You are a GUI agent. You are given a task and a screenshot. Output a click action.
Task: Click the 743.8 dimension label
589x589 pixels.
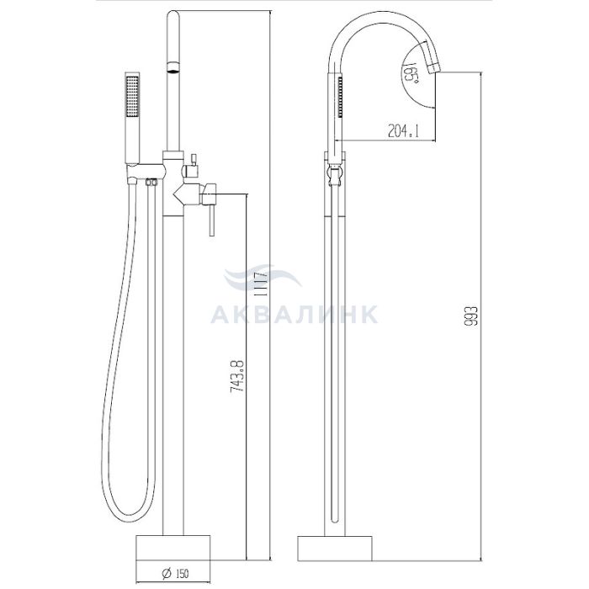237,377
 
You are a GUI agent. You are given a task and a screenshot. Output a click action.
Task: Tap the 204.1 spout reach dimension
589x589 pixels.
403,131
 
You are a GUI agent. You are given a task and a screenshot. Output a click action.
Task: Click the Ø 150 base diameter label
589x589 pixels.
175,573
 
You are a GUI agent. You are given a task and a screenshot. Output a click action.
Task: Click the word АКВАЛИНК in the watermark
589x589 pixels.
294,315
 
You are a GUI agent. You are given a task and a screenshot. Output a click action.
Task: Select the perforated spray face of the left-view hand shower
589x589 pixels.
133,96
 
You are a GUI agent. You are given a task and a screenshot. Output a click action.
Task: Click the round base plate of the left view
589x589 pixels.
172,547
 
